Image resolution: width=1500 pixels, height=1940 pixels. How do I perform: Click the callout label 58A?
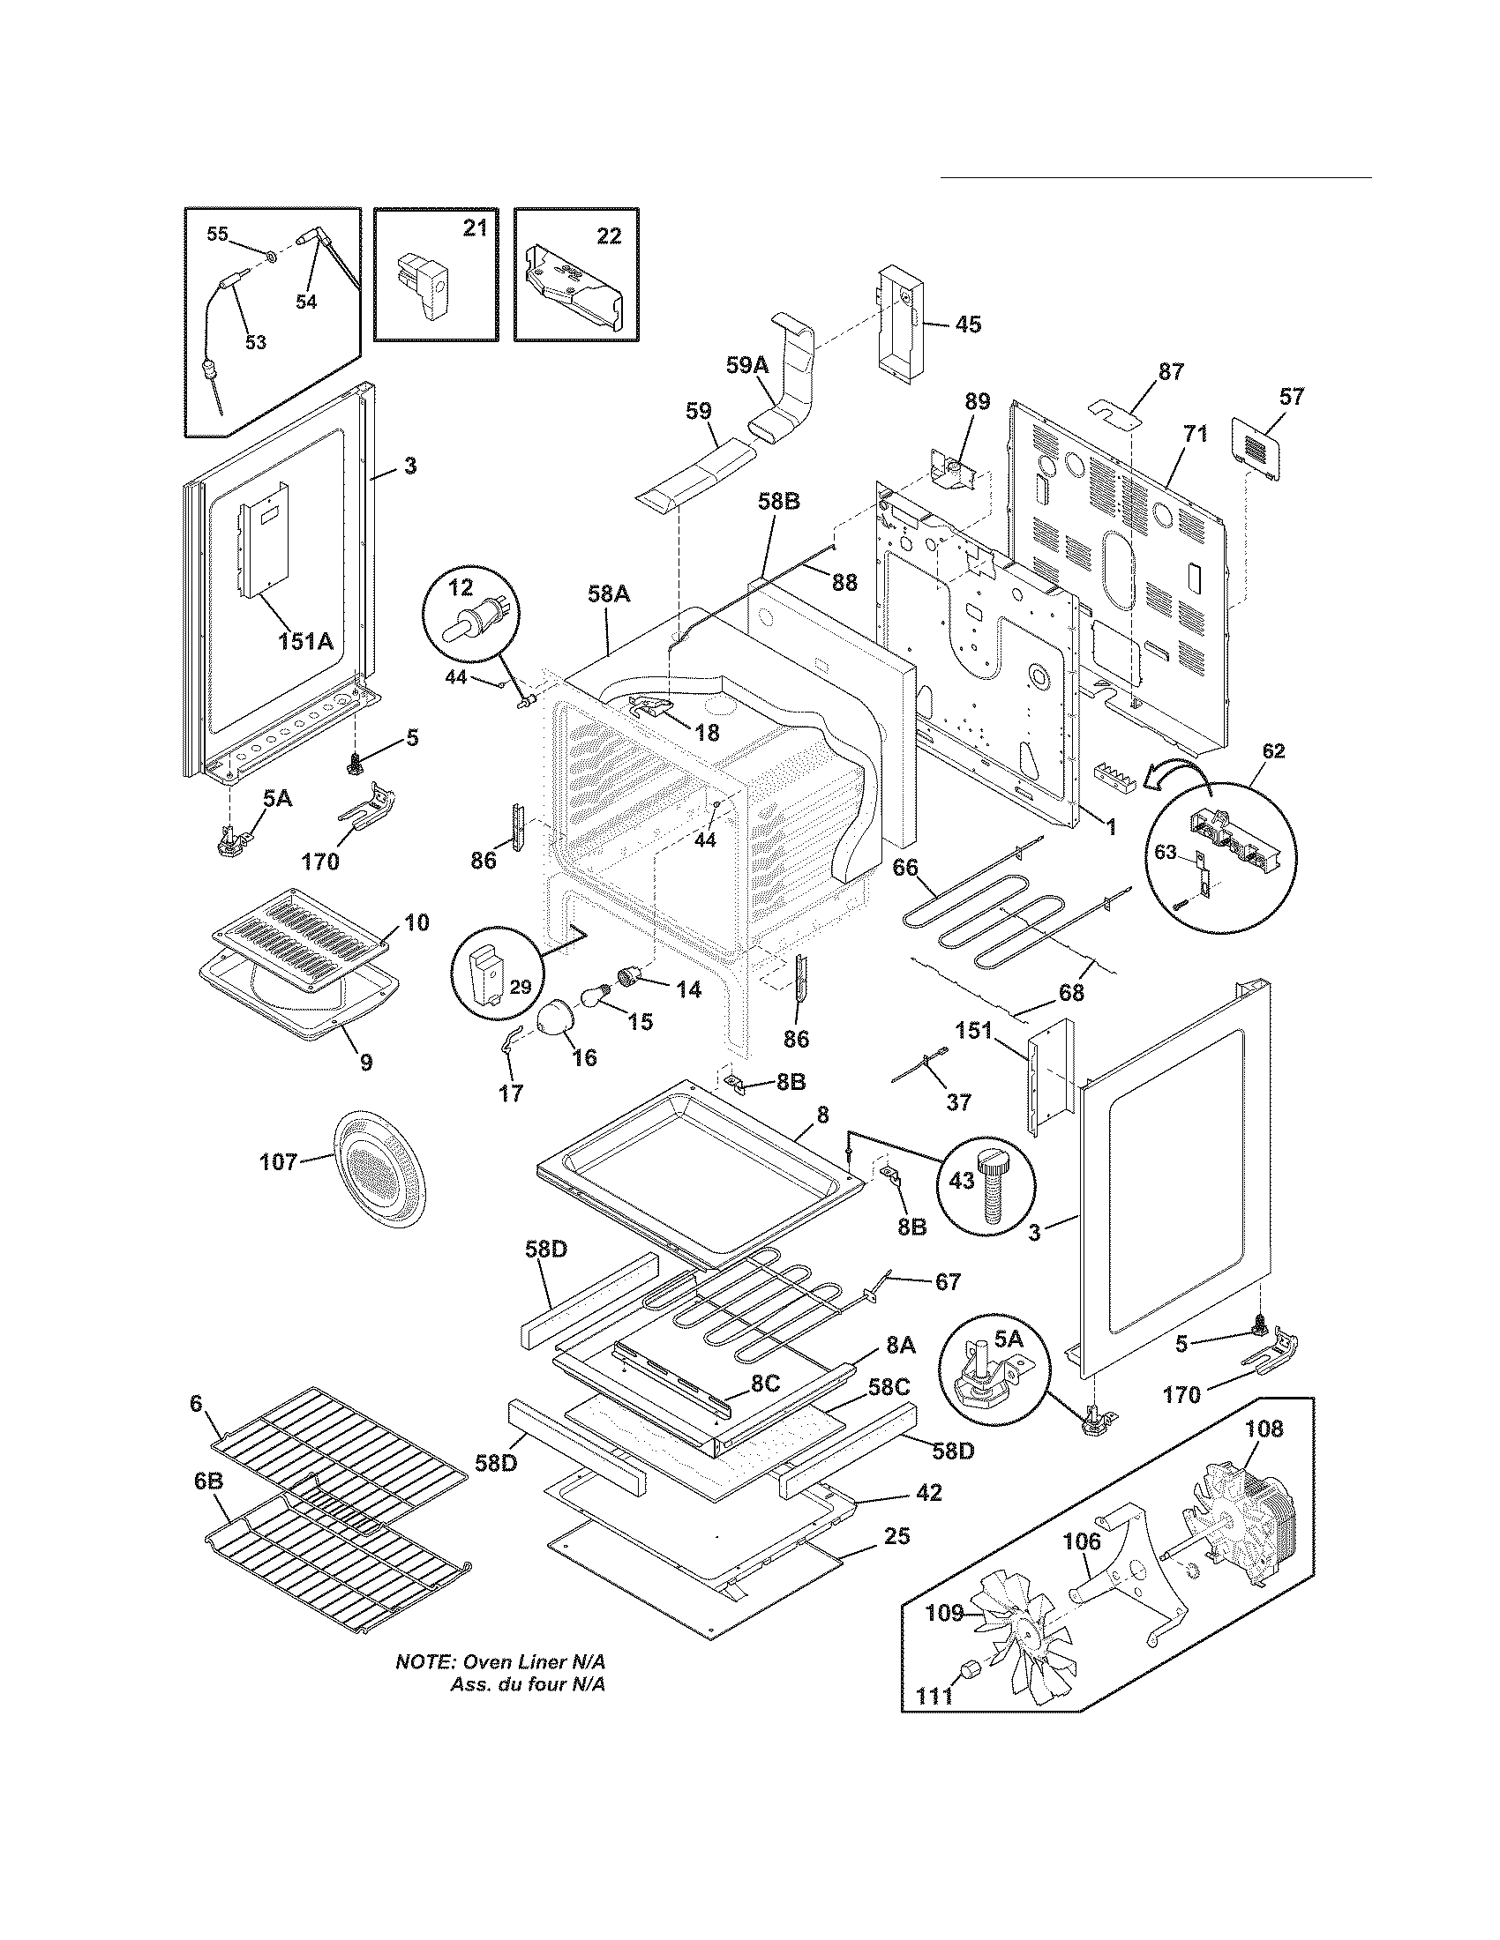(609, 595)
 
